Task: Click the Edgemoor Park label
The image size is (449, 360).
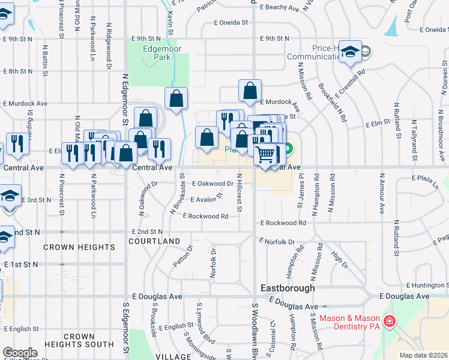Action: [158, 53]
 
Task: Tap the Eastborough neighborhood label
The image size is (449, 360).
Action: [289, 288]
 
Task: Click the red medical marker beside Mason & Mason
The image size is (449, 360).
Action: [389, 322]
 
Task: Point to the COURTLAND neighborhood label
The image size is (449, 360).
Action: [154, 241]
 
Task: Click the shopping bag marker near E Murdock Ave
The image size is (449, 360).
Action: [250, 91]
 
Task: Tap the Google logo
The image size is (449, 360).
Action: [19, 353]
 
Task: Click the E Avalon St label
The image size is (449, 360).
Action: [206, 199]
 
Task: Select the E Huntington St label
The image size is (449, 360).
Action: [427, 285]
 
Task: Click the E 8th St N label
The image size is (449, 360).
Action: [17, 71]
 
